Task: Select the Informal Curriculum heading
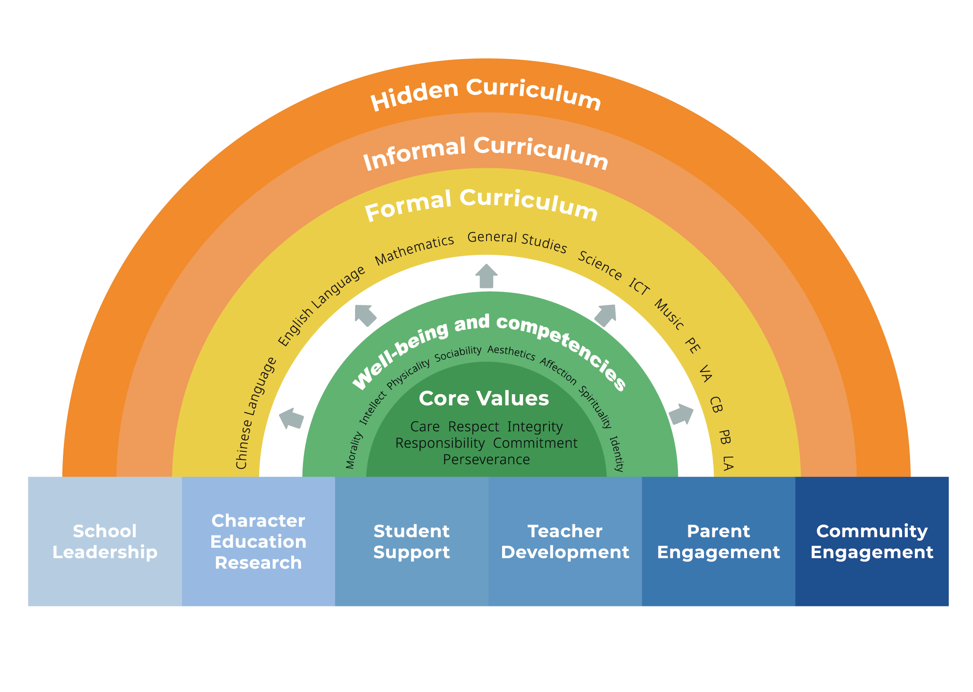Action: tap(486, 153)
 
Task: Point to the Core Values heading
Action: tap(484, 398)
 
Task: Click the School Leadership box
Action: tap(105, 541)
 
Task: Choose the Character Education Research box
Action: tap(259, 541)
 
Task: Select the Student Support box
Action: tap(412, 541)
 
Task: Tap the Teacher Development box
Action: tap(565, 541)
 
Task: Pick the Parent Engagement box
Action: tap(719, 541)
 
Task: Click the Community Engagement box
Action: tap(872, 541)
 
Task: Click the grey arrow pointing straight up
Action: tap(486, 277)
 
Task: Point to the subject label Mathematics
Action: tap(415, 250)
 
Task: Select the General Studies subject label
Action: tap(517, 242)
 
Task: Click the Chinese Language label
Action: tap(255, 413)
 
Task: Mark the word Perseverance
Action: tap(486, 459)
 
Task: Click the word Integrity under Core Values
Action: tap(535, 427)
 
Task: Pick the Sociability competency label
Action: tap(458, 354)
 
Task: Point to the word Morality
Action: tap(354, 450)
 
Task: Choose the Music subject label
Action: tap(669, 314)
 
